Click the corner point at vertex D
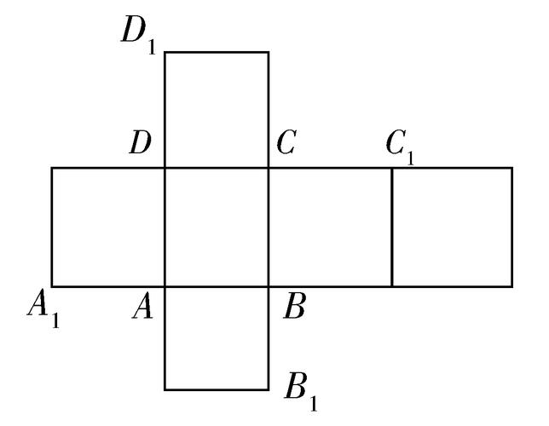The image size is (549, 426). click(x=165, y=168)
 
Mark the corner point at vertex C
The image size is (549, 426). click(x=269, y=168)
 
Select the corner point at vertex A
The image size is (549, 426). click(x=165, y=285)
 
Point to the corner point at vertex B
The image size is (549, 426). click(x=269, y=285)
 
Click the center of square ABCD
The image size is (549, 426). click(x=217, y=227)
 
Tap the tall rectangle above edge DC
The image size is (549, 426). click(x=217, y=109)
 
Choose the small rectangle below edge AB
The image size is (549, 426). click(x=217, y=337)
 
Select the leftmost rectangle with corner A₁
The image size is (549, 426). click(x=107, y=227)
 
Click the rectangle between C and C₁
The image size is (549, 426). click(x=330, y=227)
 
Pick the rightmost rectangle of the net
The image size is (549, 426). click(x=452, y=227)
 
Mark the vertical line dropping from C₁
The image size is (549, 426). click(x=392, y=227)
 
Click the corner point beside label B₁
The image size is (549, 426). click(x=269, y=389)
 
